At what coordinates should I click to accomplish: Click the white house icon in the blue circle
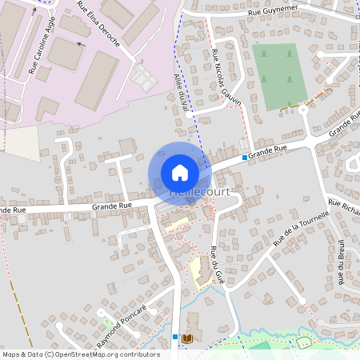tap(179, 172)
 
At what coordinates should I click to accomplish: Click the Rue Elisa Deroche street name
tap(98, 25)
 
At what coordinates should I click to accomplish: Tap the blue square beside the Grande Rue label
tap(245, 158)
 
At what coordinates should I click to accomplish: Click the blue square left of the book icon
tap(175, 337)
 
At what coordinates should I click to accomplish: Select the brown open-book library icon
tap(188, 338)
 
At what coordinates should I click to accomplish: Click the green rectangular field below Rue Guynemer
tap(277, 76)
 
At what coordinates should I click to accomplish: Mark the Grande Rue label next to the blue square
tap(267, 150)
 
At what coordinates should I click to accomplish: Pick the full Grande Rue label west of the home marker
tap(112, 206)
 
